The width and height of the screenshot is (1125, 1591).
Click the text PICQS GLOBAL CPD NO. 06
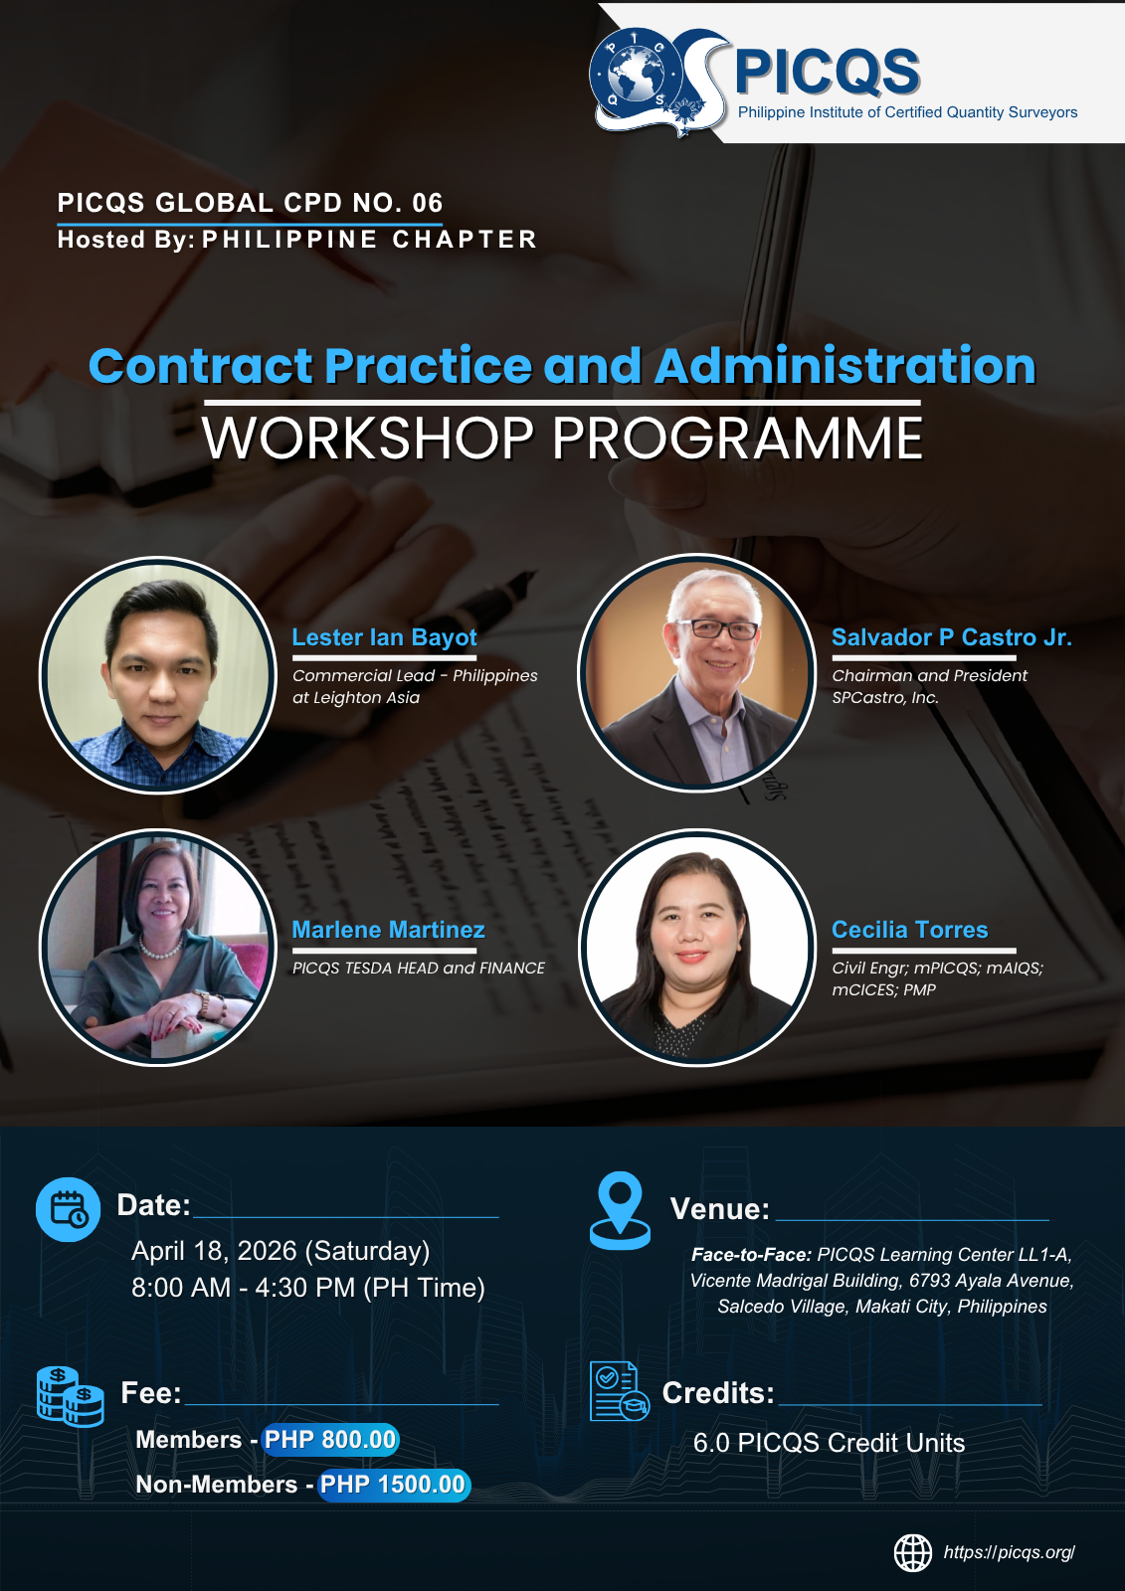point(250,203)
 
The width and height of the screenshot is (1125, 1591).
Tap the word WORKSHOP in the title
point(367,439)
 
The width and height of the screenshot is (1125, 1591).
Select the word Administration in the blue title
point(845,365)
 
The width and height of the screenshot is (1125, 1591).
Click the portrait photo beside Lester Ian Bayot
point(158,675)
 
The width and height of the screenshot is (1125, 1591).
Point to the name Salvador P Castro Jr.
point(952,637)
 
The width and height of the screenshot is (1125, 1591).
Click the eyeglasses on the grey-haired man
point(715,629)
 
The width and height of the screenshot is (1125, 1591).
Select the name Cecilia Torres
point(910,930)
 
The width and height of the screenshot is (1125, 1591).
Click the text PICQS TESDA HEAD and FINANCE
point(419,969)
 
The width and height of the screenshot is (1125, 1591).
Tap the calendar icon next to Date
point(69,1209)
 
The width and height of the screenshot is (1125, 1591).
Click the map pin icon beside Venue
point(620,1210)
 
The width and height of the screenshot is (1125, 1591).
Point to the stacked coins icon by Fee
point(71,1396)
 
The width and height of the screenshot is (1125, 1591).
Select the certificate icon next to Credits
point(619,1391)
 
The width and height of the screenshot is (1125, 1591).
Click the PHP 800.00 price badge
point(330,1440)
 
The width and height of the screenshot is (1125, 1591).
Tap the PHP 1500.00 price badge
point(393,1485)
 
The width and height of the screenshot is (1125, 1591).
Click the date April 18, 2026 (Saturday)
point(281,1251)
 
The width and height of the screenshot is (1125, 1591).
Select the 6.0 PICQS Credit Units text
point(829,1443)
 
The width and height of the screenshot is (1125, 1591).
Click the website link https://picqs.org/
point(1010,1552)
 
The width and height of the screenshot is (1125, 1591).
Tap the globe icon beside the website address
point(912,1552)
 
